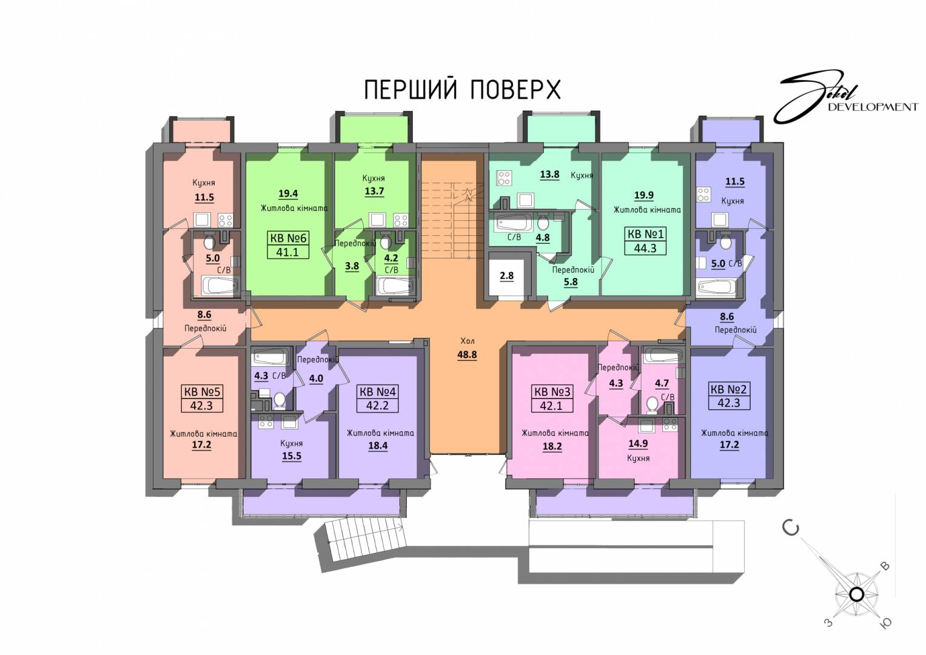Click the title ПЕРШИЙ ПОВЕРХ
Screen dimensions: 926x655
pos(462,90)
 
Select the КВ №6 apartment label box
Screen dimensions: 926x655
pos(287,245)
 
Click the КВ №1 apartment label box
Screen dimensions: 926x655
pos(645,241)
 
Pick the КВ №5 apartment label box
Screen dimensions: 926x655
pos(202,398)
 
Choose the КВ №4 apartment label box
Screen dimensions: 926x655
pos(377,398)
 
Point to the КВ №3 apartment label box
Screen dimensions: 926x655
pos(552,398)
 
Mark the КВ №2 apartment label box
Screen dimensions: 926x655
pos(729,396)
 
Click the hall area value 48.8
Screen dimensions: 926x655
pos(467,355)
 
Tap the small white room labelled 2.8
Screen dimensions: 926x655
pos(507,276)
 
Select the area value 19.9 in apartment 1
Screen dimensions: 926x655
pos(644,195)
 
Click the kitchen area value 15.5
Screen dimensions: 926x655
pos(292,457)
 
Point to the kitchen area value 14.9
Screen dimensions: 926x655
pos(638,444)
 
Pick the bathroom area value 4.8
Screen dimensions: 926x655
pos(543,238)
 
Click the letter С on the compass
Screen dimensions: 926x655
pos(790,528)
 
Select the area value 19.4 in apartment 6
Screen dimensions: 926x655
pos(288,194)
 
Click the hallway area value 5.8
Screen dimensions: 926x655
pos(571,283)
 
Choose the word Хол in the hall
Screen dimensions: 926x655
pos(468,341)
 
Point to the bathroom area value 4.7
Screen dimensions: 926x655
pos(662,383)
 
